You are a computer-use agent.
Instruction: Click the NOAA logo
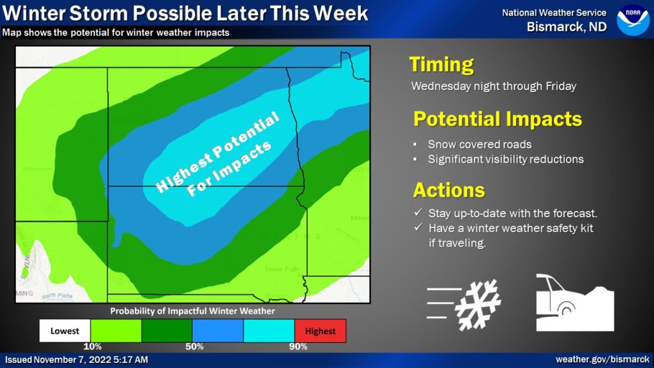click(632, 20)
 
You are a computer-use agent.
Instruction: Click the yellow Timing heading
click(441, 65)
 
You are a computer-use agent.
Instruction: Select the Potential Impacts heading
click(498, 119)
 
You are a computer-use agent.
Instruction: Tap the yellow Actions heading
click(449, 190)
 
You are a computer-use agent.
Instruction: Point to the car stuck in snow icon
click(574, 303)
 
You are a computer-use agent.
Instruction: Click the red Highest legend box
click(320, 331)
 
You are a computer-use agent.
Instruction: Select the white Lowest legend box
click(65, 331)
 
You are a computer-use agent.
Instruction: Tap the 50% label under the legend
click(194, 347)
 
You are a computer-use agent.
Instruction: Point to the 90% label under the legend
click(297, 347)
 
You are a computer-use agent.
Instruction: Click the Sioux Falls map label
click(282, 270)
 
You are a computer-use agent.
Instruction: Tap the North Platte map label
click(57, 296)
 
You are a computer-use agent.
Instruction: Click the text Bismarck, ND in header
click(567, 27)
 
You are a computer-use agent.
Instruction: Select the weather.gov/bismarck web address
click(602, 360)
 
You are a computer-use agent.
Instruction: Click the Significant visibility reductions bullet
click(505, 159)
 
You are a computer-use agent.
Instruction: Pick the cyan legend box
click(269, 331)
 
